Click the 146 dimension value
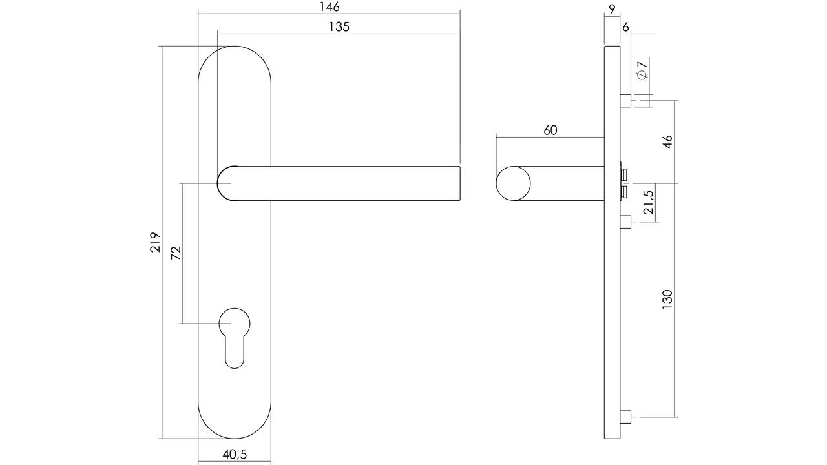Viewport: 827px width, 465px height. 330,7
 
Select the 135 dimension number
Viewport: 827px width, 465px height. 339,27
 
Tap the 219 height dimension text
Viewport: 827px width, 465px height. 155,242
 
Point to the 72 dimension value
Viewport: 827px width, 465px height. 176,253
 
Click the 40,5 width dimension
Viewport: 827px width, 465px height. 235,454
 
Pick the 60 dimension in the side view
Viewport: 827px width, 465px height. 550,130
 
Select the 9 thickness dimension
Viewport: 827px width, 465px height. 612,9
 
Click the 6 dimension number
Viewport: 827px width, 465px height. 625,27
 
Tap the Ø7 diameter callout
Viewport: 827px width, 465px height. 642,69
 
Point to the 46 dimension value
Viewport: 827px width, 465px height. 667,141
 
